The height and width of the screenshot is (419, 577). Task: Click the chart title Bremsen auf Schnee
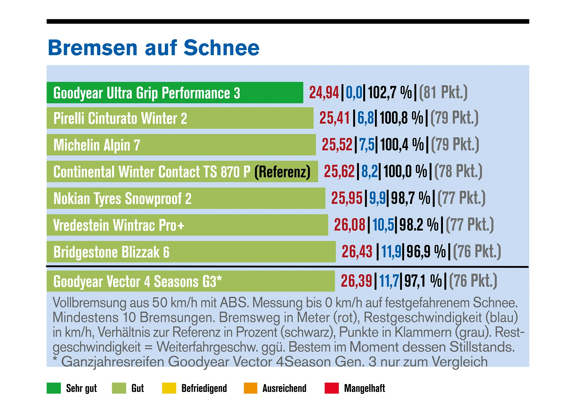pos(153,48)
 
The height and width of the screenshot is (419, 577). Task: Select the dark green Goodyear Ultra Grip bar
pos(174,93)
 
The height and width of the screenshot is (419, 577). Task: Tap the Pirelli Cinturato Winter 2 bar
pos(180,118)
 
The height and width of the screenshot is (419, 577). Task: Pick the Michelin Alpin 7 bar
pos(181,145)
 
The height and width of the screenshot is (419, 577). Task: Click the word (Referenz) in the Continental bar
pos(282,172)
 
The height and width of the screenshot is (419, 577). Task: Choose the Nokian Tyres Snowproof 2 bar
pos(186,198)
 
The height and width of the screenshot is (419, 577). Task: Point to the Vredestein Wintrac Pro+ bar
pos(187,225)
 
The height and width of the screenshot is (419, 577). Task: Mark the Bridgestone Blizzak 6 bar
pos(191,252)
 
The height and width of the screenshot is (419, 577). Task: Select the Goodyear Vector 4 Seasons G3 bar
pos(191,281)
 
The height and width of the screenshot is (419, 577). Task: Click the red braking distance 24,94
pos(324,93)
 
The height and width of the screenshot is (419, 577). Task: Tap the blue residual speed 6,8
pos(365,118)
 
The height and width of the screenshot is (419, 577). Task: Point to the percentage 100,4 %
pos(402,145)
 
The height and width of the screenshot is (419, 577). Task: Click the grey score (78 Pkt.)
pos(458,172)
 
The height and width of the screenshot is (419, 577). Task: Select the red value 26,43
pos(357,252)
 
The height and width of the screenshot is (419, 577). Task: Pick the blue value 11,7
pos(389,281)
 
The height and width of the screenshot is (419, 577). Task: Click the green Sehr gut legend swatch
pos(54,388)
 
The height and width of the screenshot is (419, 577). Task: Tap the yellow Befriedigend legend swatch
pos(169,388)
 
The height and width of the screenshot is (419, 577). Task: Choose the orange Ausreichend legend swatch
pos(250,388)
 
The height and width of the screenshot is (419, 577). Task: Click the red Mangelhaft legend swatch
pos(331,388)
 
